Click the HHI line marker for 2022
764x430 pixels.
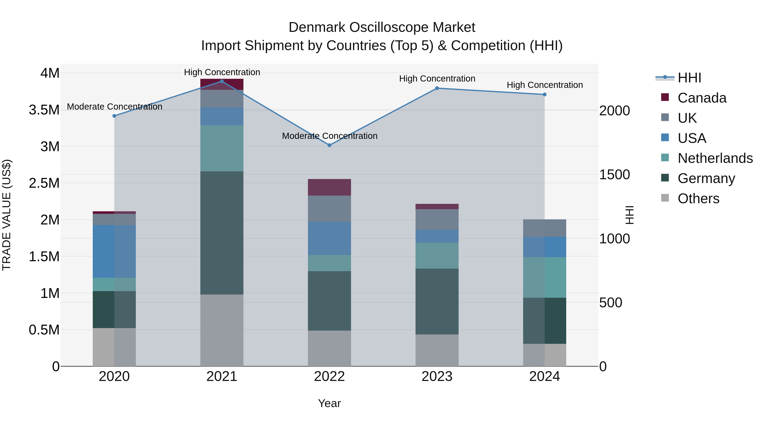pyautogui.click(x=329, y=145)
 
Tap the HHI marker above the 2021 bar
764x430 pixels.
pyautogui.click(x=222, y=81)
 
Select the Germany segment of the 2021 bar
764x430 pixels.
pyautogui.click(x=222, y=233)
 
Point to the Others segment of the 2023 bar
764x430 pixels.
pyautogui.click(x=437, y=350)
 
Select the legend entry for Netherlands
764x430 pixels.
pyautogui.click(x=715, y=158)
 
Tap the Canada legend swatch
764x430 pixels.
pyautogui.click(x=665, y=97)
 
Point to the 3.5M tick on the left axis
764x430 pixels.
pyautogui.click(x=44, y=110)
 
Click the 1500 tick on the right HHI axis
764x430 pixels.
pyautogui.click(x=615, y=175)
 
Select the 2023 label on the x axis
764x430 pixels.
pyautogui.click(x=437, y=376)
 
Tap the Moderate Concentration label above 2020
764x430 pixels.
pyautogui.click(x=114, y=107)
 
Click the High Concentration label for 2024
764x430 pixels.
pyautogui.click(x=545, y=85)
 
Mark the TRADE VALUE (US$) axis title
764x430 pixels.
pyautogui.click(x=7, y=215)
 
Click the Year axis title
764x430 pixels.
pyautogui.click(x=329, y=403)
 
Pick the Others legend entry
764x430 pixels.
pyautogui.click(x=698, y=199)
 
